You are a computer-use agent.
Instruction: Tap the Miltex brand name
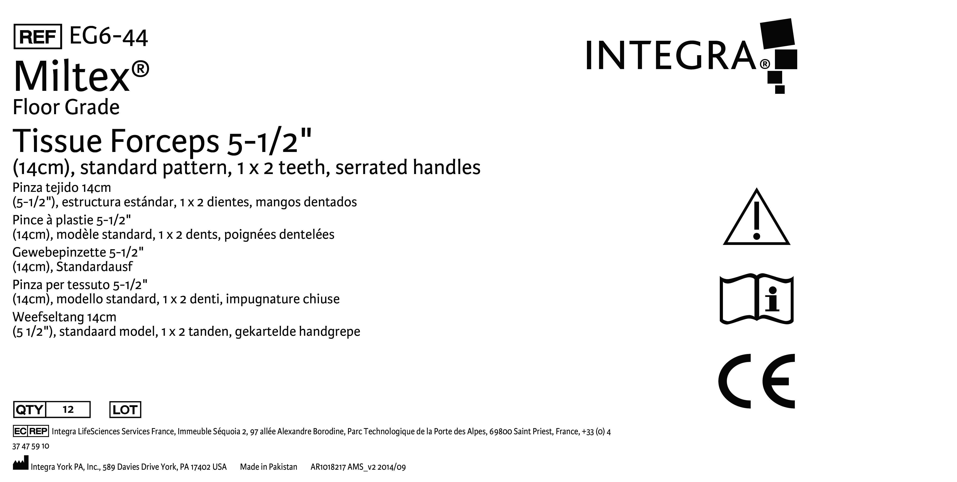81,76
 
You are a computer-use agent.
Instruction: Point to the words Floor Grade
66,107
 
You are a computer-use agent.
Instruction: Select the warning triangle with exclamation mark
756,217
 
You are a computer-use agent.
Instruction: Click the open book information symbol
756,299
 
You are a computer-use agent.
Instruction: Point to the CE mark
756,381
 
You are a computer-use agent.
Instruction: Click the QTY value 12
68,410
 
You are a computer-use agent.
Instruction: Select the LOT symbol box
125,410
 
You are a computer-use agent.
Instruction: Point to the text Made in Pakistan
269,467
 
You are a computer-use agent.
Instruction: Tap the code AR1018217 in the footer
328,467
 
